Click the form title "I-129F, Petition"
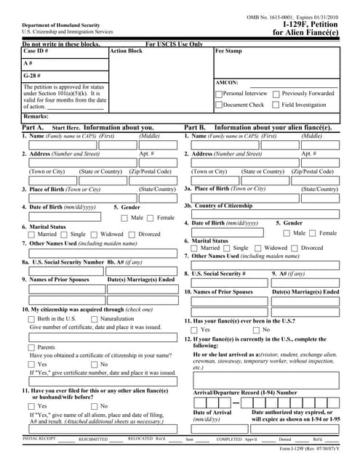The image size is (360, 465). pyautogui.click(x=310, y=23)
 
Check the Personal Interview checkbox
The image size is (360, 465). pyautogui.click(x=219, y=94)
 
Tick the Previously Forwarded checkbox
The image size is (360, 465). pyautogui.click(x=276, y=94)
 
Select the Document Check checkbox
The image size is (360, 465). pyautogui.click(x=219, y=105)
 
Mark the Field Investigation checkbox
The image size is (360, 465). pyautogui.click(x=276, y=105)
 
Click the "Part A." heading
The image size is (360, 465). pyautogui.click(x=33, y=127)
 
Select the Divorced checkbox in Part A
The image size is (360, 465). pyautogui.click(x=132, y=235)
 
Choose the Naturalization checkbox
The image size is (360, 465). pyautogui.click(x=95, y=319)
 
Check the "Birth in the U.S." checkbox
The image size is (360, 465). pyautogui.click(x=31, y=319)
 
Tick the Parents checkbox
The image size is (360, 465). pyautogui.click(x=31, y=347)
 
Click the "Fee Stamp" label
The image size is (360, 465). pyautogui.click(x=228, y=52)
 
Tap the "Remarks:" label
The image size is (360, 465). pyautogui.click(x=36, y=116)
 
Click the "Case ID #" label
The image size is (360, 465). pyautogui.click(x=36, y=52)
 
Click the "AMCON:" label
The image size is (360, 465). pyautogui.click(x=227, y=83)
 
